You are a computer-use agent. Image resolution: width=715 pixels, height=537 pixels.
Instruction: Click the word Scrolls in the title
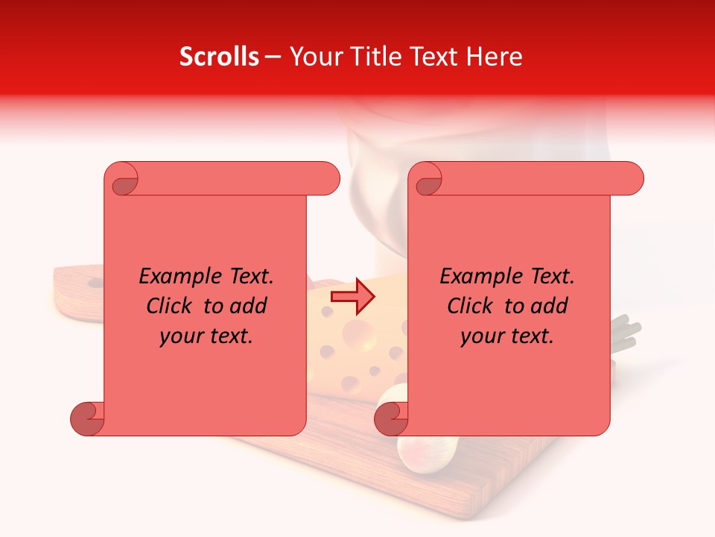220,57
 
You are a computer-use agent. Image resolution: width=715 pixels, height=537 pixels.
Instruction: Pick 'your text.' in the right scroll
507,336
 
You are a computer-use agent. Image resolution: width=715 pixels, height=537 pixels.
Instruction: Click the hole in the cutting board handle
95,283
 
